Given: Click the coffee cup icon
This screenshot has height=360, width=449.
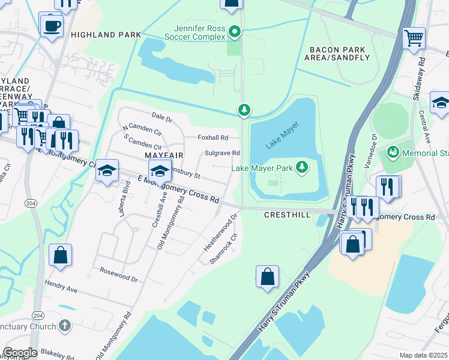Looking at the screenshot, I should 51,26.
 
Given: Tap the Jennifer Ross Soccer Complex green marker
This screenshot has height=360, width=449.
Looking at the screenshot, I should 235,31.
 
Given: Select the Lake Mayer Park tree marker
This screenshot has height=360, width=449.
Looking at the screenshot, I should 303,168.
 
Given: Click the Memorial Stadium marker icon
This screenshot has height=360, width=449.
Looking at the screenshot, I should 393,153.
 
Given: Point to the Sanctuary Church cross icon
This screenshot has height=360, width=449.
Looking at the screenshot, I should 64,326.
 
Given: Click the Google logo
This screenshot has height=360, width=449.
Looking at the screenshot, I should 20,353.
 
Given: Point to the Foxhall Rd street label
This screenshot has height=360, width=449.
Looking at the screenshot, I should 213,137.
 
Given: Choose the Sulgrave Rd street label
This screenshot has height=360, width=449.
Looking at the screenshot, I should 222,153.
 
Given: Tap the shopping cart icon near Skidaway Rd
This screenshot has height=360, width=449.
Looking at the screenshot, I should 414,38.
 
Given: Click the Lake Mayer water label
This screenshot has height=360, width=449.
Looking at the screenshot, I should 282,134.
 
